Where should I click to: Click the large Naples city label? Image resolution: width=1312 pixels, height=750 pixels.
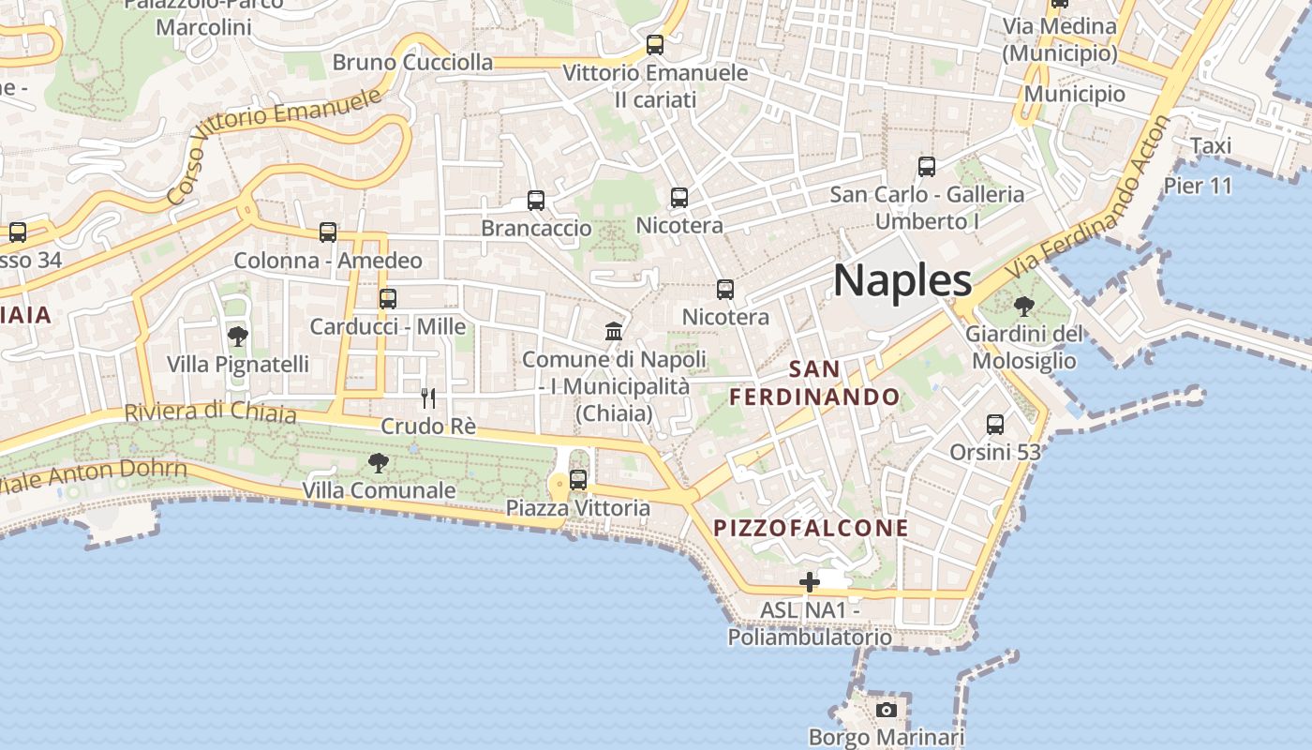click(902, 280)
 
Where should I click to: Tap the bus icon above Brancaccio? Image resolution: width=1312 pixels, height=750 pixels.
click(536, 201)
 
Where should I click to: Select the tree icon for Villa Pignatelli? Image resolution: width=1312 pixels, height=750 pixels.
click(238, 336)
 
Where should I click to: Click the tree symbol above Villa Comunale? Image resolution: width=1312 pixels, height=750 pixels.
click(379, 462)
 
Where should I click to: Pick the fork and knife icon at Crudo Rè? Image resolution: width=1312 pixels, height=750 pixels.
click(428, 398)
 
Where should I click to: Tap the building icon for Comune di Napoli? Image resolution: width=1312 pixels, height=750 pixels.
click(614, 331)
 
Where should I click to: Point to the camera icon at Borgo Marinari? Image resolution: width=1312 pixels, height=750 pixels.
click(887, 710)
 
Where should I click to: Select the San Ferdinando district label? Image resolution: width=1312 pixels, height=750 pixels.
click(814, 382)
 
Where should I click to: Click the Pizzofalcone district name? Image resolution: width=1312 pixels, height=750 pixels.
click(812, 528)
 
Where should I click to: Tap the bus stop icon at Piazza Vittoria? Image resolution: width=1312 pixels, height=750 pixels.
click(578, 480)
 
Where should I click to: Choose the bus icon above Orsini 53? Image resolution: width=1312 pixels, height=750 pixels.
click(995, 425)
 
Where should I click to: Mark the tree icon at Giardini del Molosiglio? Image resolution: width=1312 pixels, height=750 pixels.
click(1024, 306)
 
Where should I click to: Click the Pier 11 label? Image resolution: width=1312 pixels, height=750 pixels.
click(1198, 186)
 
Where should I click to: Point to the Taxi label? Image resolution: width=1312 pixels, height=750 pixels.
click(1211, 146)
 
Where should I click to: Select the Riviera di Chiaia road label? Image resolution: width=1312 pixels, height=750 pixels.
click(210, 412)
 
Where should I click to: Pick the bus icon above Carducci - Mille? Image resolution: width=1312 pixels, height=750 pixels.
click(388, 299)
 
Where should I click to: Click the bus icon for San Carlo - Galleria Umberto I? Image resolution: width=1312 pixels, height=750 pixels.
click(927, 167)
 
